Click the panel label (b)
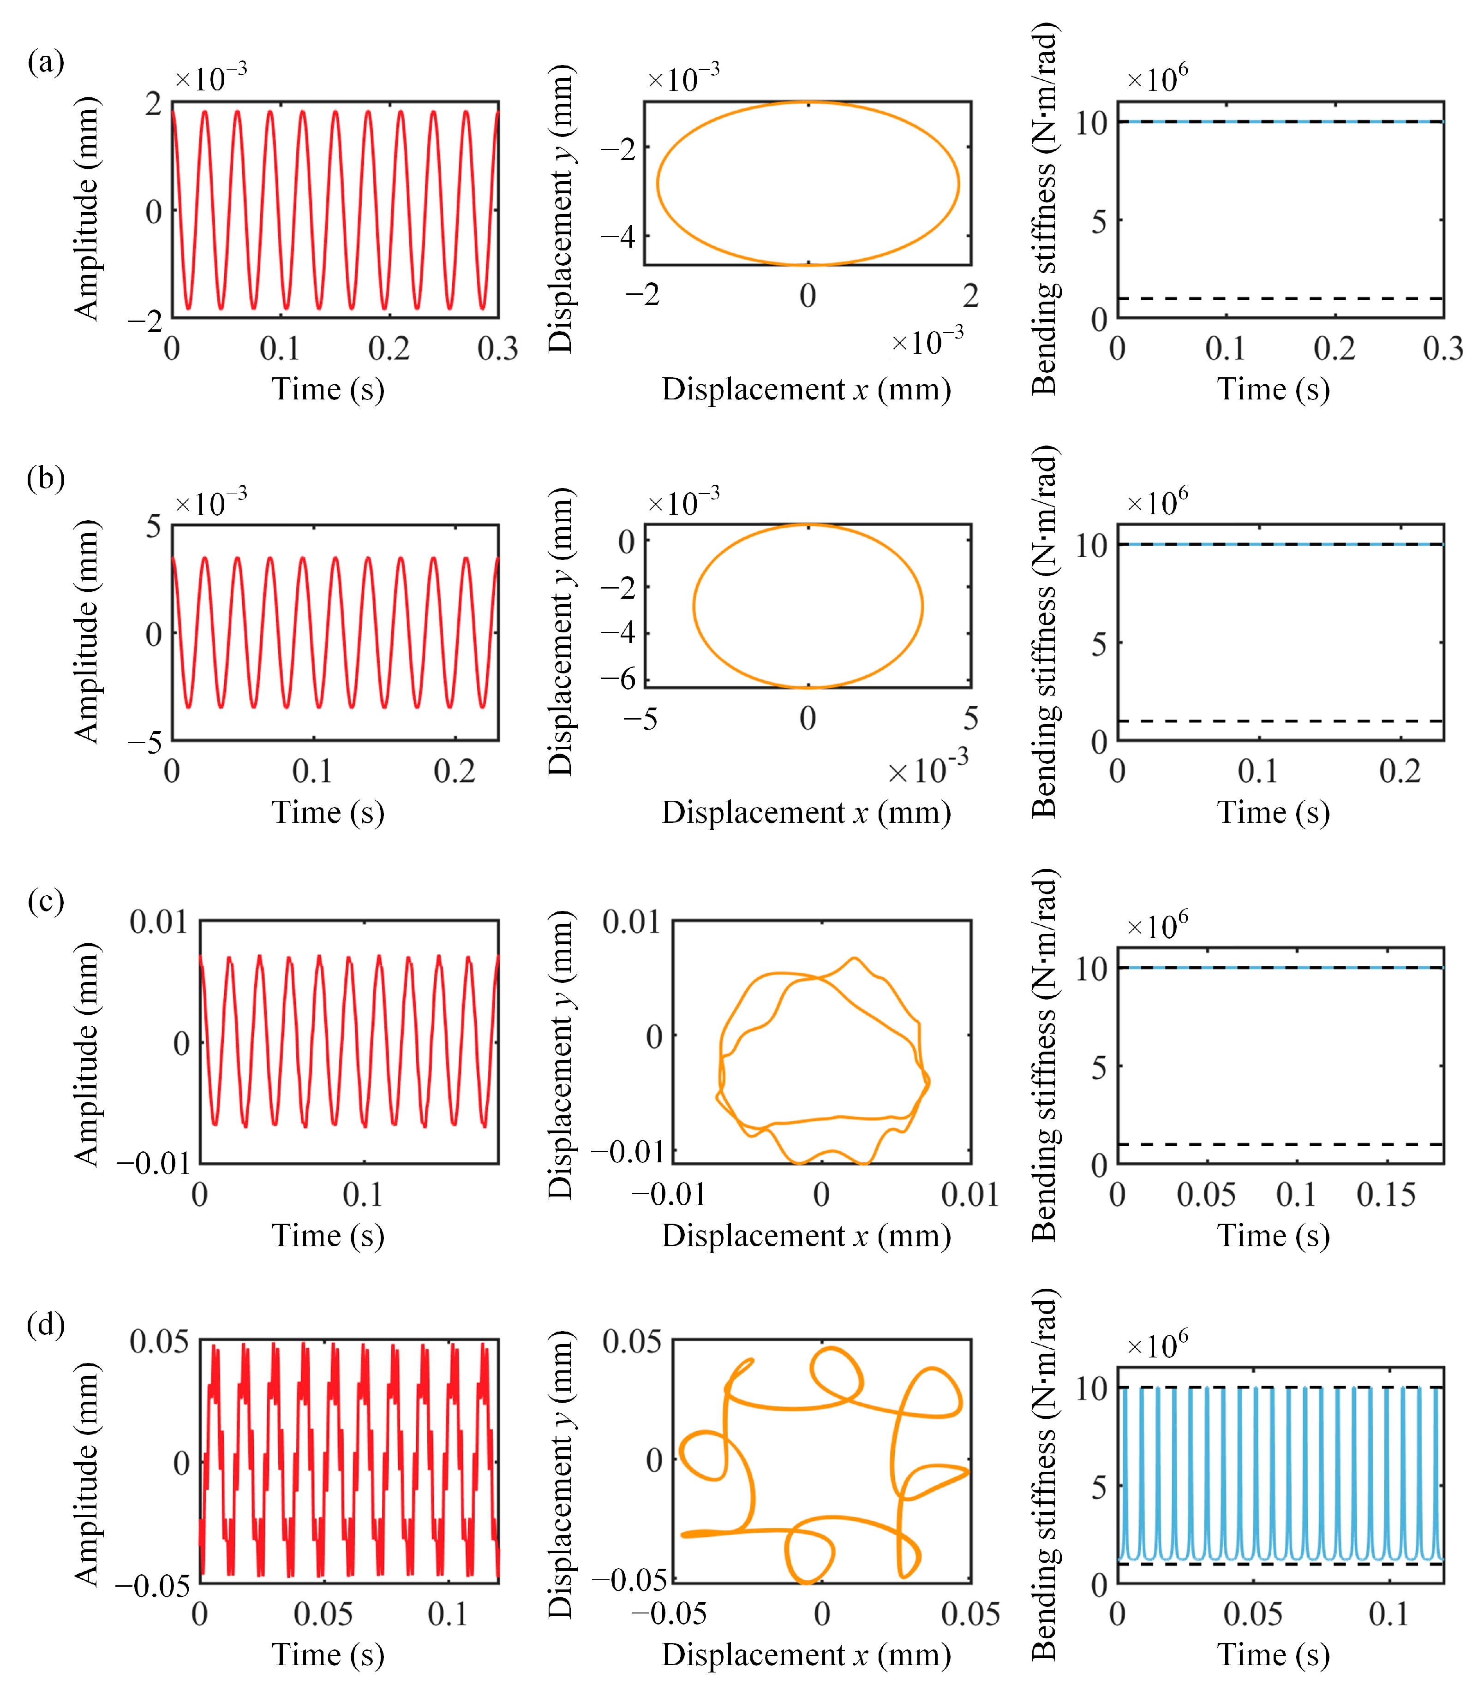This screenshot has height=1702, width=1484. (x=46, y=478)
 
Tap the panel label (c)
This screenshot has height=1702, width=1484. (x=46, y=901)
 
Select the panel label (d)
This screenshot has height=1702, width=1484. (x=46, y=1325)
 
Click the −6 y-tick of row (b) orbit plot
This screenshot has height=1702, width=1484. (x=618, y=679)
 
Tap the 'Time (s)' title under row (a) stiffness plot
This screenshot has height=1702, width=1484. (x=1274, y=389)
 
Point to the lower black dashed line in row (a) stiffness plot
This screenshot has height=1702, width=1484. (x=1281, y=298)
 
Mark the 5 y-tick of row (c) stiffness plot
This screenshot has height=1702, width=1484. (x=1098, y=1067)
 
